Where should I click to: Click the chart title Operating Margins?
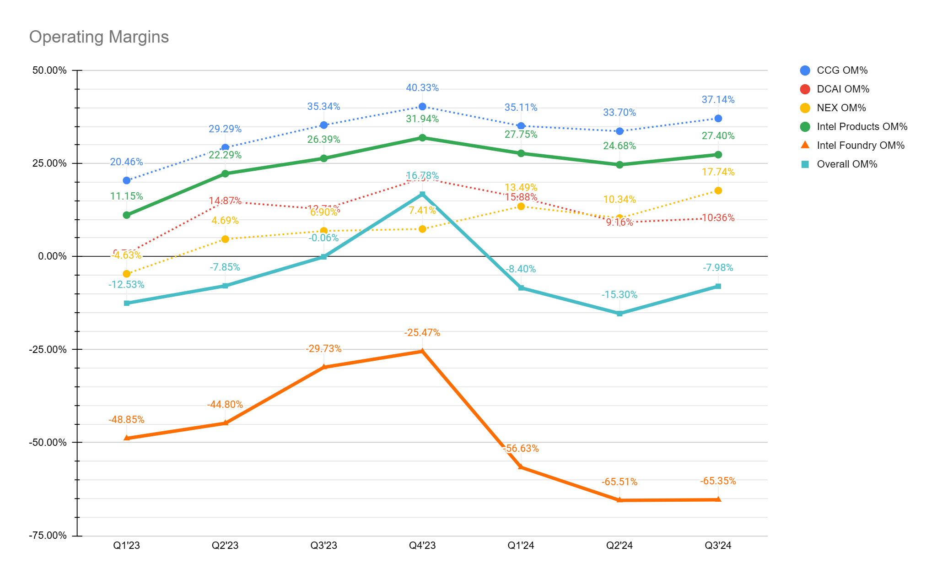point(99,37)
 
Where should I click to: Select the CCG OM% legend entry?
point(841,70)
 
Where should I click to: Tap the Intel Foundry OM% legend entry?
point(860,146)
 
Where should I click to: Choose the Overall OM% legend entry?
point(846,164)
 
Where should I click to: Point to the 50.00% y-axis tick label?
point(49,70)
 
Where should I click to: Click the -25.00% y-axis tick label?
point(48,350)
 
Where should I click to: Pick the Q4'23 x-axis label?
point(422,545)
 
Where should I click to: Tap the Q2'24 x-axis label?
point(619,545)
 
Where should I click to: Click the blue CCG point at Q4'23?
point(422,107)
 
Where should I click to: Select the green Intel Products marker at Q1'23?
point(127,215)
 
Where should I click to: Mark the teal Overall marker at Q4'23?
point(422,195)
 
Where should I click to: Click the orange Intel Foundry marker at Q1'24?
point(521,467)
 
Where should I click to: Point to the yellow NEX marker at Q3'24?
point(718,190)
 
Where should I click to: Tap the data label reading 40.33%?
point(422,88)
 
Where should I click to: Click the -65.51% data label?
point(619,482)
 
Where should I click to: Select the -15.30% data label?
point(619,295)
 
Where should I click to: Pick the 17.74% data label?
point(718,172)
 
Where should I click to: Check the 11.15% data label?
point(127,196)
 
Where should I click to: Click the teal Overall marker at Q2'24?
point(619,314)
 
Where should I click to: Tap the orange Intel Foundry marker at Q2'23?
point(225,423)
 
